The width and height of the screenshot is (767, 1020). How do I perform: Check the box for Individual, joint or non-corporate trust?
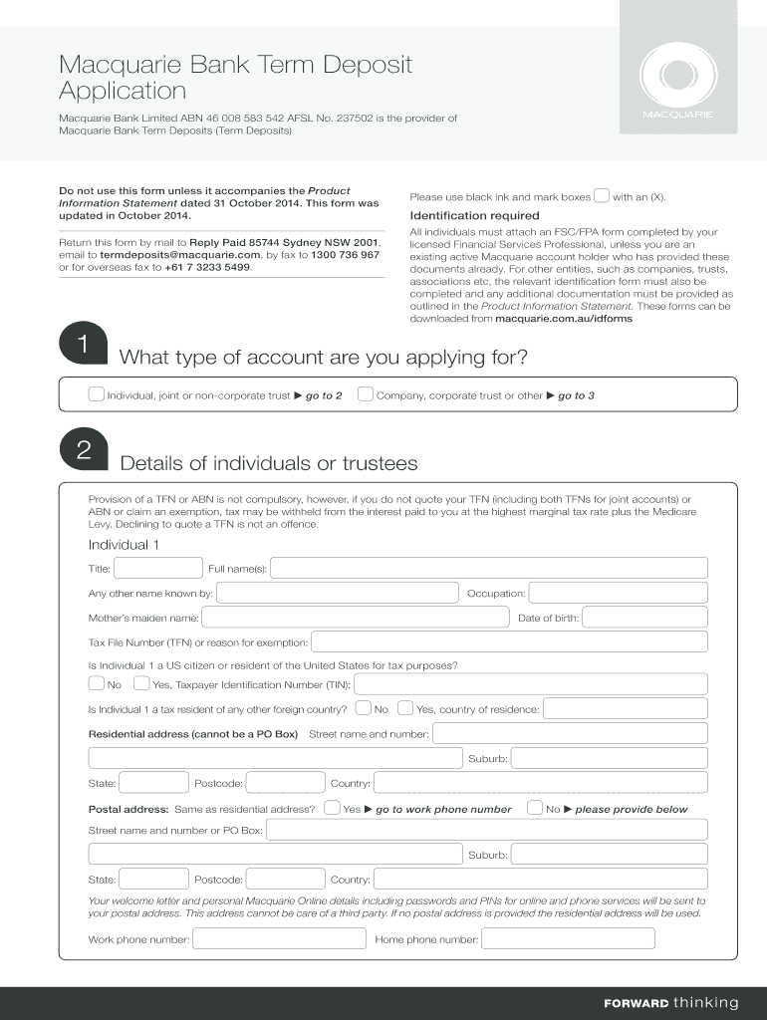[x=96, y=394]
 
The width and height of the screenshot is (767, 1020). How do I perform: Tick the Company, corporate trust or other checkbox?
[x=366, y=394]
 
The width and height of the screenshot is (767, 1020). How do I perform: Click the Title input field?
[x=144, y=568]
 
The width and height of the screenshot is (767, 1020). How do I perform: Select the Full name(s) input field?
[x=488, y=568]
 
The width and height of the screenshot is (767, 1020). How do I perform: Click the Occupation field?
[x=618, y=593]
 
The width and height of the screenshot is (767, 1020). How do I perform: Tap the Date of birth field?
[x=644, y=618]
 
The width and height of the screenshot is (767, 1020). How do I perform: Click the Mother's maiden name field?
[x=353, y=618]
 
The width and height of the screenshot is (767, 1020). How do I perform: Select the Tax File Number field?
[x=509, y=642]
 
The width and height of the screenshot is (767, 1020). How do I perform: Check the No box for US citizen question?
[x=96, y=683]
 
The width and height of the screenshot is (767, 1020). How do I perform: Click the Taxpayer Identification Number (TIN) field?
[x=531, y=684]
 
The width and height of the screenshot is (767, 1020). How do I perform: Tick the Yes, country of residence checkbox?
[x=404, y=708]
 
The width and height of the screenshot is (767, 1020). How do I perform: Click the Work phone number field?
[x=280, y=938]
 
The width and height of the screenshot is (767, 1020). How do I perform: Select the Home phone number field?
[x=568, y=938]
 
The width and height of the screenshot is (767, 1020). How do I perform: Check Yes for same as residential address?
[x=333, y=808]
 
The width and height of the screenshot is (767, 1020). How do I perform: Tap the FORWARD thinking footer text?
[x=670, y=1002]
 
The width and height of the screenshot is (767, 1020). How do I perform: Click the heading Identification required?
[x=474, y=215]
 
